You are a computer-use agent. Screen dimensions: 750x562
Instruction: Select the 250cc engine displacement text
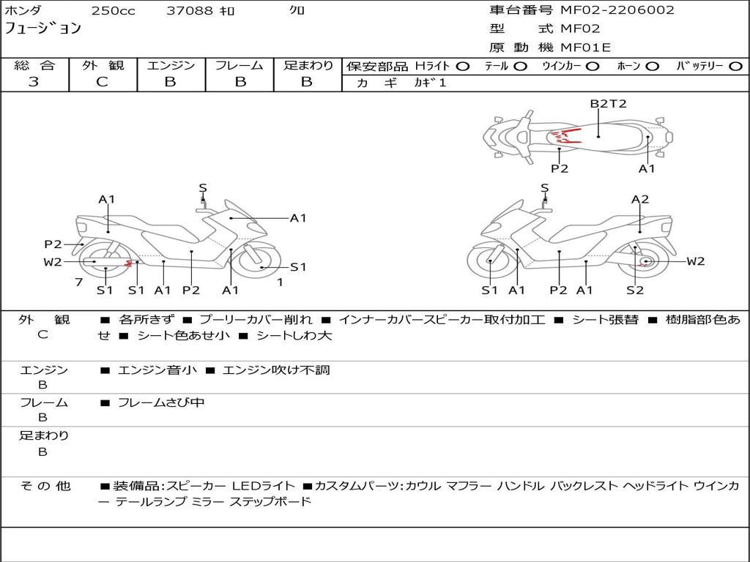pyautogui.click(x=114, y=10)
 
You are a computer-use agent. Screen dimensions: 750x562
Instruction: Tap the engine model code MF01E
pyautogui.click(x=586, y=48)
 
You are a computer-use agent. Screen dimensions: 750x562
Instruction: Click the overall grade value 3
pyautogui.click(x=34, y=82)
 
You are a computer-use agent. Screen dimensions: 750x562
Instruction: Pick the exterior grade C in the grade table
pyautogui.click(x=103, y=82)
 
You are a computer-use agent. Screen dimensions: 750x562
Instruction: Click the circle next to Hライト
pyautogui.click(x=463, y=67)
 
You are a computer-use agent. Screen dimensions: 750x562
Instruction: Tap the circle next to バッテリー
pyautogui.click(x=735, y=67)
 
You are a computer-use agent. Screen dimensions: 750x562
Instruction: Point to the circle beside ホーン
pyautogui.click(x=653, y=67)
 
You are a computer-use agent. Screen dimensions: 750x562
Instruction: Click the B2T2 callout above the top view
pyautogui.click(x=608, y=104)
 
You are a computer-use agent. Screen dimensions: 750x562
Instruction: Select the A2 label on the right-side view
pyautogui.click(x=640, y=199)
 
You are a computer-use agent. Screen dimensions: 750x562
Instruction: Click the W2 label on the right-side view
pyautogui.click(x=696, y=261)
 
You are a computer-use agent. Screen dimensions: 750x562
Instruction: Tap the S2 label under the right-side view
pyautogui.click(x=635, y=290)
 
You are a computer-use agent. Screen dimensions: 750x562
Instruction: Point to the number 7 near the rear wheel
pyautogui.click(x=79, y=282)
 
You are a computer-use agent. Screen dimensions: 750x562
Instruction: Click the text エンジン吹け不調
pyautogui.click(x=276, y=370)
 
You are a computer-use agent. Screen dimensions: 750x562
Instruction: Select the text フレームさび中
pyautogui.click(x=161, y=403)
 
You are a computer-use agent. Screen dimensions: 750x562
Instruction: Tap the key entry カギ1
pyautogui.click(x=430, y=83)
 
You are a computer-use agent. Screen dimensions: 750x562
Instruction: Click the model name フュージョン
pyautogui.click(x=43, y=28)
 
